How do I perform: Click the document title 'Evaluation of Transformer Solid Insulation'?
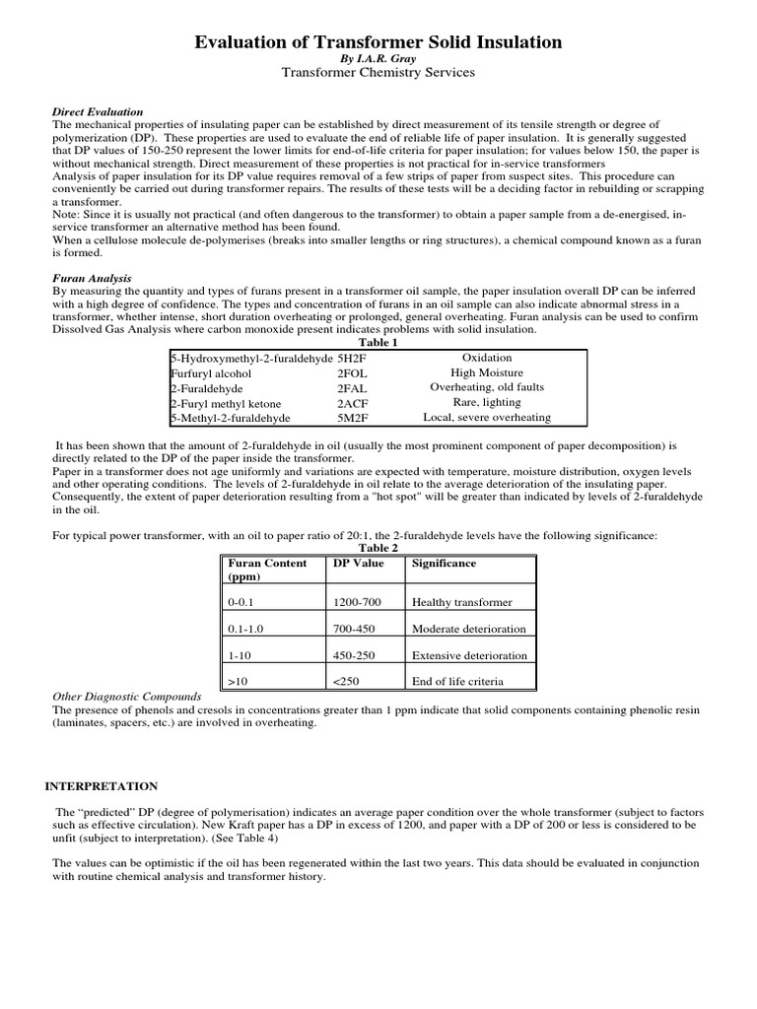pyautogui.click(x=378, y=42)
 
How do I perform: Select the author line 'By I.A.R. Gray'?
pyautogui.click(x=378, y=59)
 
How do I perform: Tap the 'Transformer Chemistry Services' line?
pyautogui.click(x=378, y=73)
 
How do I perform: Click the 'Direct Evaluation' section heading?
pyautogui.click(x=98, y=112)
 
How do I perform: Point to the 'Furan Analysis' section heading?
pyautogui.click(x=91, y=279)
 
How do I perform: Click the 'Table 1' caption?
pyautogui.click(x=378, y=343)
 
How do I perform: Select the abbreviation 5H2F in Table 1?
pyautogui.click(x=352, y=359)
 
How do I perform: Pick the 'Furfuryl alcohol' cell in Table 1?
pyautogui.click(x=211, y=373)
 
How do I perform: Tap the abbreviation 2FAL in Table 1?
pyautogui.click(x=353, y=388)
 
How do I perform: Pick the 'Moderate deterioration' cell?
pyautogui.click(x=469, y=629)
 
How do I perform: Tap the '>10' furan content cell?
pyautogui.click(x=239, y=681)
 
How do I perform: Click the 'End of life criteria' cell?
pyautogui.click(x=457, y=681)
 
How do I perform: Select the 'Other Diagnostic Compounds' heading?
pyautogui.click(x=126, y=696)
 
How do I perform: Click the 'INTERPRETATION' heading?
pyautogui.click(x=102, y=786)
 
